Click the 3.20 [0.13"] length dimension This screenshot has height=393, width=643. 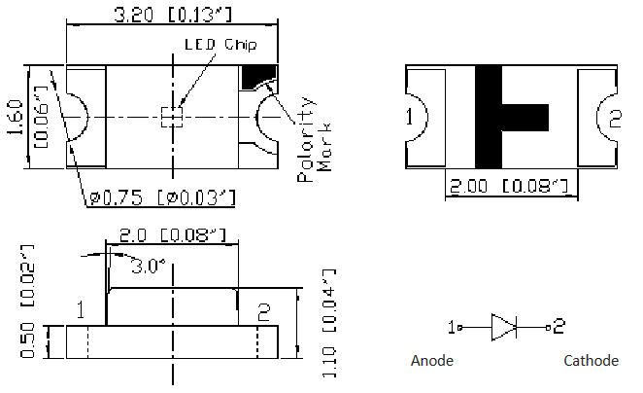pyautogui.click(x=173, y=15)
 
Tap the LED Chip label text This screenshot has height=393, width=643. pyautogui.click(x=220, y=45)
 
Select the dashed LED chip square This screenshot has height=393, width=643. pyautogui.click(x=172, y=118)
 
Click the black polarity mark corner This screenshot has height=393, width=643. pyautogui.click(x=257, y=77)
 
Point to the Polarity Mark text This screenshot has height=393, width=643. pyautogui.click(x=314, y=140)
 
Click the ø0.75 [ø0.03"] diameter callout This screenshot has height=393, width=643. pyautogui.click(x=162, y=197)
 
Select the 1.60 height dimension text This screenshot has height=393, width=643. pyautogui.click(x=15, y=117)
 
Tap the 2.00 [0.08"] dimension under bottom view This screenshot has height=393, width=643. pyautogui.click(x=509, y=186)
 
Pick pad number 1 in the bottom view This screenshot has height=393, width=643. pyautogui.click(x=409, y=117)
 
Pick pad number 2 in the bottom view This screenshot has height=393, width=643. pyautogui.click(x=615, y=119)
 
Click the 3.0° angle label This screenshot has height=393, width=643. pyautogui.click(x=148, y=267)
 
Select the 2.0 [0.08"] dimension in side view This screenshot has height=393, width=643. pyautogui.click(x=173, y=235)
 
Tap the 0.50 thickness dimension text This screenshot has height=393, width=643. pyautogui.click(x=27, y=340)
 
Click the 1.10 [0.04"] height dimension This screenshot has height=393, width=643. pyautogui.click(x=329, y=324)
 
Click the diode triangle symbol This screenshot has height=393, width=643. pyautogui.click(x=503, y=327)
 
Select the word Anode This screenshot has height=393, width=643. pyautogui.click(x=432, y=361)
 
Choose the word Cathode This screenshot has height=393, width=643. pyautogui.click(x=591, y=361)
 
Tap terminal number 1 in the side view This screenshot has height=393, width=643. pyautogui.click(x=81, y=309)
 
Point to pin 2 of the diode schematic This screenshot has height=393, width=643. pyautogui.click(x=558, y=327)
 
